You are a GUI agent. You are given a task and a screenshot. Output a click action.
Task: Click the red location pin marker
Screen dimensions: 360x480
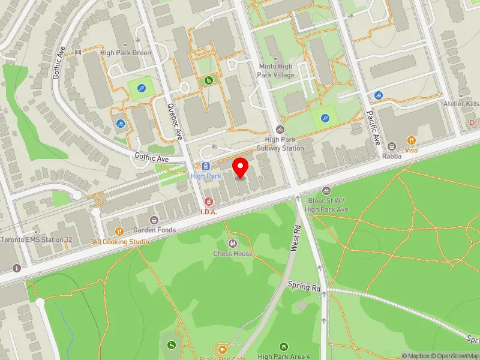241,167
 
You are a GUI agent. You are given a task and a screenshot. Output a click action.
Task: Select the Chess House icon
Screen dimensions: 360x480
233,243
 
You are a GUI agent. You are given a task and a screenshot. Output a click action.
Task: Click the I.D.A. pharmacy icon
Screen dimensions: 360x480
209,202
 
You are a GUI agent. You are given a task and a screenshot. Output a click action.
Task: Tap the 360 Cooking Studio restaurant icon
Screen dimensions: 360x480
119,232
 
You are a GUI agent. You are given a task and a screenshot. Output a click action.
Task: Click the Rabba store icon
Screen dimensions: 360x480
391,146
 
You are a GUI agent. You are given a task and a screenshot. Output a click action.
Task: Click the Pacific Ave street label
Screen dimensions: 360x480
374,127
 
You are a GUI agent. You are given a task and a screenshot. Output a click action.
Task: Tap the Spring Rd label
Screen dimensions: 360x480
304,286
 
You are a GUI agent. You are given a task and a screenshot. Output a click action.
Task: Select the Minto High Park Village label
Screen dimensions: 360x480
276,71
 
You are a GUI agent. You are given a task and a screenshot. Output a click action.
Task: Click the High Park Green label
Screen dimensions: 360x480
125,53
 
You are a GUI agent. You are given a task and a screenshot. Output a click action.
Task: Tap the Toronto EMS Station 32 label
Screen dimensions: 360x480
36,239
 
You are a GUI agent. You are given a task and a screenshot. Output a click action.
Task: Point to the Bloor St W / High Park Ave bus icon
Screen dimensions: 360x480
326,191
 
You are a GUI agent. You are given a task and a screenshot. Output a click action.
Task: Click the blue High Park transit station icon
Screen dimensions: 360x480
206,166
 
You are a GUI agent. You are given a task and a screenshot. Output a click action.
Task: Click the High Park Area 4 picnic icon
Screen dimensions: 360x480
284,346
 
